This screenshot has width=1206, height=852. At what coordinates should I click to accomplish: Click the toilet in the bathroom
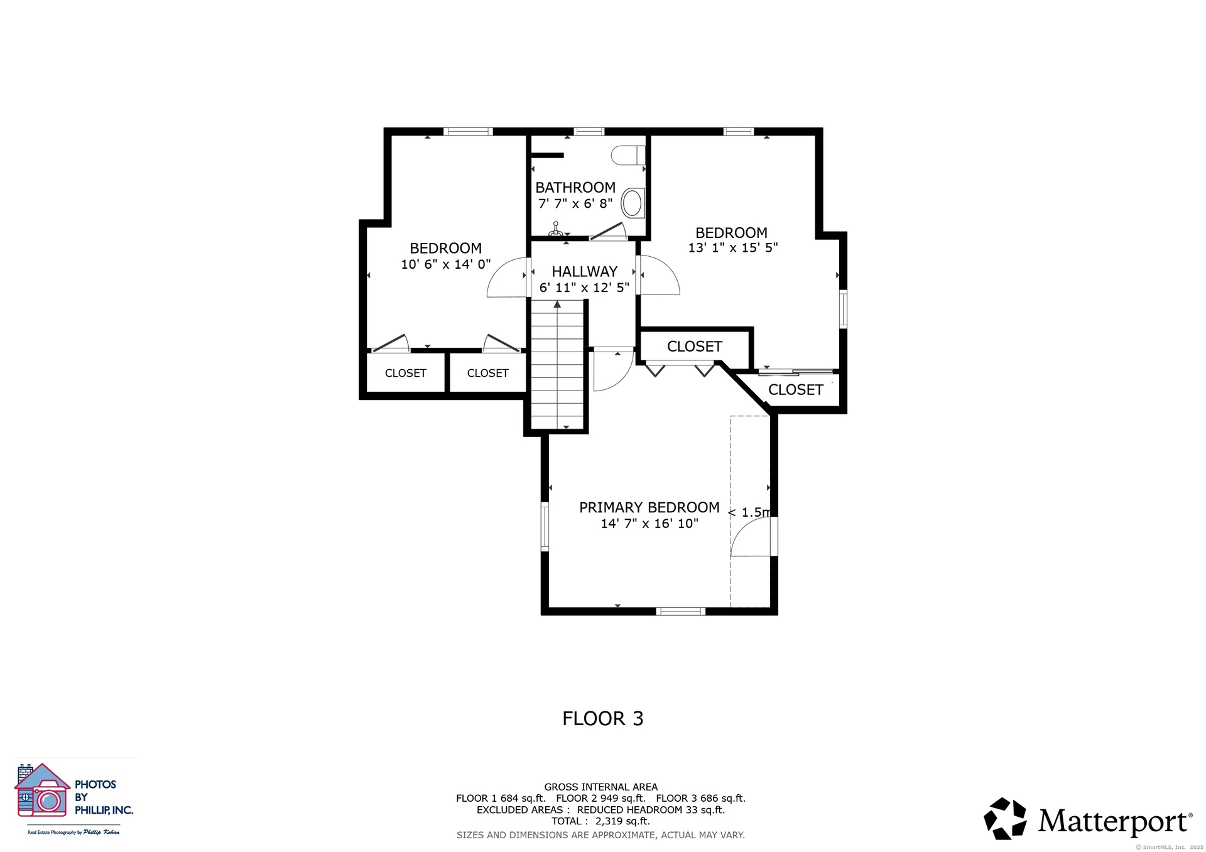pos(628,155)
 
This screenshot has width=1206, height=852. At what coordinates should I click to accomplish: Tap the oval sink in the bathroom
pos(633,203)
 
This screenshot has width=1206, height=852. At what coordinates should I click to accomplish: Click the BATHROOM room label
pos(575,188)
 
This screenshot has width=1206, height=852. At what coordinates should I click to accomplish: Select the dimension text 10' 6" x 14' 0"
pos(446,264)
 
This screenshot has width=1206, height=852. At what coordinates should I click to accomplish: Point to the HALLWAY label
pos(585,272)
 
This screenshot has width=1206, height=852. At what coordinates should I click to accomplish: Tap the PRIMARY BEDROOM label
pos(649,507)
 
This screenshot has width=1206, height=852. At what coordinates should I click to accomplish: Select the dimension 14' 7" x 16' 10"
pos(649,524)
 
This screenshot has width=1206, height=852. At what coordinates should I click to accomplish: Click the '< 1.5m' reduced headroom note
pos(749,512)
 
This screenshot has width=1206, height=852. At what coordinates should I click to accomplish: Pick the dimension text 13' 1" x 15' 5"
pos(733,248)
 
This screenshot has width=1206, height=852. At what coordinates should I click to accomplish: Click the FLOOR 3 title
pos(603,718)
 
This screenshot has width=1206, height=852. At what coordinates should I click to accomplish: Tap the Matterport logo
pos(1088,819)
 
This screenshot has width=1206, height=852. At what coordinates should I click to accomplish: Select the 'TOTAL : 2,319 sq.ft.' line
pos(600,821)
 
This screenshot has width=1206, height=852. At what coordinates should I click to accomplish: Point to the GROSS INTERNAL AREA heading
pos(601,787)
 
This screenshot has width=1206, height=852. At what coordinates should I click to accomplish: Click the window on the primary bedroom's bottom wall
pos(681,611)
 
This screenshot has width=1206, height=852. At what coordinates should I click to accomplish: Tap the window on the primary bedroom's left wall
pos(545,526)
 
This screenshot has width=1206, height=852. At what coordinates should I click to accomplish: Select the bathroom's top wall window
pos(589,132)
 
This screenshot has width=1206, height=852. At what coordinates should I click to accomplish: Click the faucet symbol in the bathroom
pos(555,229)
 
